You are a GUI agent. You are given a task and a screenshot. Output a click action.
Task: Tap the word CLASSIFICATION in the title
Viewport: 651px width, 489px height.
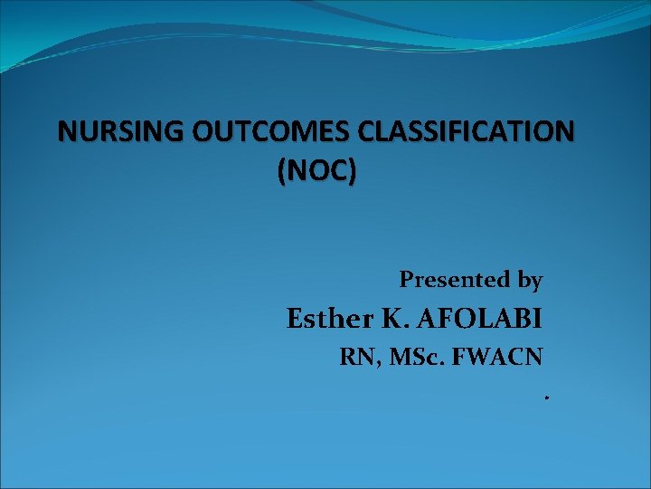pos(465,132)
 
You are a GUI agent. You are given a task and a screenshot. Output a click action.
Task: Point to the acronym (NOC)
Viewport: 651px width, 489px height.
pos(316,171)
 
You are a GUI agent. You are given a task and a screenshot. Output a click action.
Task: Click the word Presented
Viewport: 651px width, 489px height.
pos(456,280)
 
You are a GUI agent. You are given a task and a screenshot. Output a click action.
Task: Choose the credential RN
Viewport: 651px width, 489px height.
pos(355,357)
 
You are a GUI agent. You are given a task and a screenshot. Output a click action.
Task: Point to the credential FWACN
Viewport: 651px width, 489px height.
pos(498,357)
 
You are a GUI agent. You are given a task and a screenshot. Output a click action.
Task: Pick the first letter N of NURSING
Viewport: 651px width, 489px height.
pos(67,132)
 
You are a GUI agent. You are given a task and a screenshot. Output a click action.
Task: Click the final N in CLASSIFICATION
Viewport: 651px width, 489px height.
pos(563,132)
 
